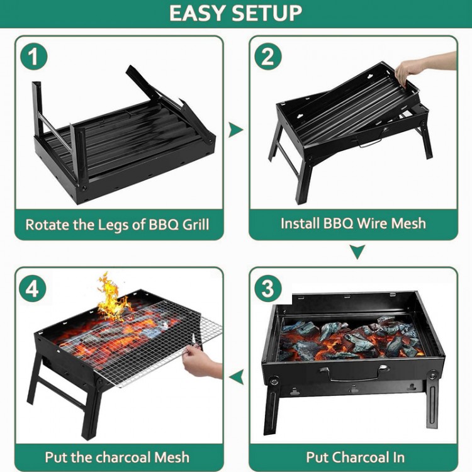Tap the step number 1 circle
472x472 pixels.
coord(34,57)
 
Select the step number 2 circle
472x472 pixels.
coord(267,57)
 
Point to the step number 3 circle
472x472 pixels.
coord(267,288)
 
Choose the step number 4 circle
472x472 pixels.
coord(33,289)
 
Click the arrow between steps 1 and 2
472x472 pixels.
coord(235,130)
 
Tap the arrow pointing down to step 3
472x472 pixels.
coord(357,252)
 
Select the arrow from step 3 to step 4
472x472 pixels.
coord(236,377)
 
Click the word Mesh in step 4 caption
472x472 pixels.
coord(172,458)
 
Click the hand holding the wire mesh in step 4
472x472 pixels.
coord(201,362)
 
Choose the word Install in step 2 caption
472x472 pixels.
coord(300,223)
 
